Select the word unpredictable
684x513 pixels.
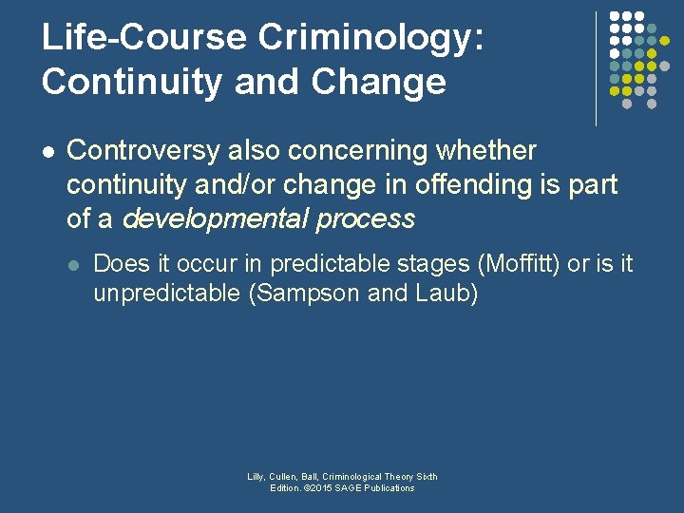click(x=167, y=294)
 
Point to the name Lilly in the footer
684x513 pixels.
click(x=256, y=477)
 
